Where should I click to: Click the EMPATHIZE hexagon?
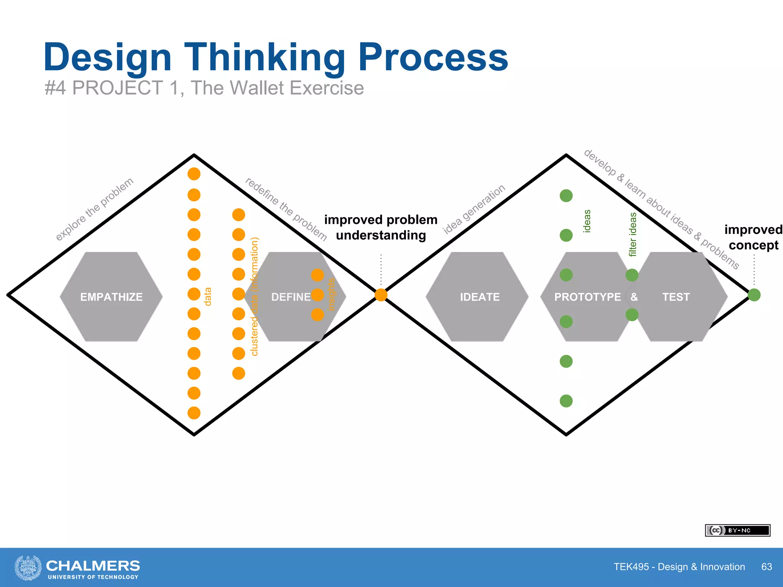[111, 297]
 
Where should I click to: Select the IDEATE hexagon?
[479, 297]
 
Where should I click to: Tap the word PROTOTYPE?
[587, 297]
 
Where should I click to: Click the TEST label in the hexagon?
[676, 297]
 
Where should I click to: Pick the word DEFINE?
[291, 297]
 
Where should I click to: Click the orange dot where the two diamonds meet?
[381, 295]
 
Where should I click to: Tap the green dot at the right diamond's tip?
[754, 295]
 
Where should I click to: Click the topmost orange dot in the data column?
[194, 174]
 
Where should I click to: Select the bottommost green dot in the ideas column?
[566, 401]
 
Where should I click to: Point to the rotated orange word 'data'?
[208, 297]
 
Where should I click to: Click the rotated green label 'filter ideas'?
[633, 234]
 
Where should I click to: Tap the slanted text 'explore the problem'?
[94, 209]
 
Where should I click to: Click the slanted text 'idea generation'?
[474, 209]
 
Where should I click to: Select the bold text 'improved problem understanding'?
[381, 227]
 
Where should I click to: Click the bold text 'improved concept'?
[753, 237]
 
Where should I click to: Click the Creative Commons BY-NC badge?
[737, 530]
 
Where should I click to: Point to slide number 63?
[766, 566]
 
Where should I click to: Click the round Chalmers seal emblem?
[28, 568]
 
